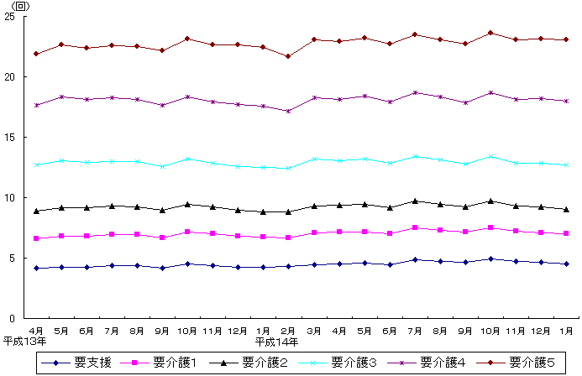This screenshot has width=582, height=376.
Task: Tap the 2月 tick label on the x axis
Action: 288,330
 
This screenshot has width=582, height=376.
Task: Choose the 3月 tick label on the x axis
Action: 313,330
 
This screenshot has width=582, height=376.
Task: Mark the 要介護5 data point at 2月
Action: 288,56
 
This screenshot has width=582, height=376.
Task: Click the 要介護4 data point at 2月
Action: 288,111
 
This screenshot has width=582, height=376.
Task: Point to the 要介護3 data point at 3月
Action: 313,159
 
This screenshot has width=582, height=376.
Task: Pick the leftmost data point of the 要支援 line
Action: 36,268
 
